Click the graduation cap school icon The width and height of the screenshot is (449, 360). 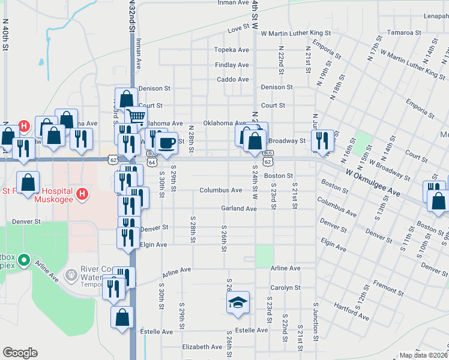[238, 302]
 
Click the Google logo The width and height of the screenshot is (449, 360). [20, 353]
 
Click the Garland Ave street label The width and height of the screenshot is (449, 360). [238, 209]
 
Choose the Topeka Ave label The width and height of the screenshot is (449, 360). [232, 50]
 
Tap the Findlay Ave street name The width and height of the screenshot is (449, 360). [232, 65]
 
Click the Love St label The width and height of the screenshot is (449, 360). [238, 29]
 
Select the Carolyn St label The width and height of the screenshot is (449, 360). [285, 288]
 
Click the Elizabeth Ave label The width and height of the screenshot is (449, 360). [202, 347]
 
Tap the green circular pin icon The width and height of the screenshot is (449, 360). [24, 260]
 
